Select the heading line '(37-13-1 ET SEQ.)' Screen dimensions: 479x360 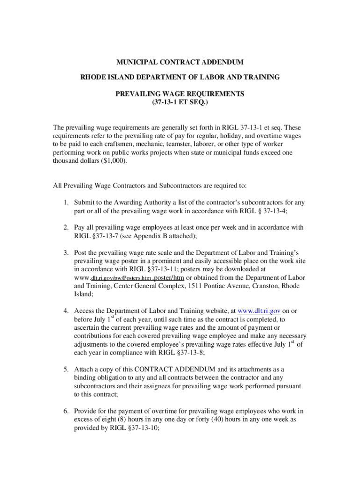pos(180,102)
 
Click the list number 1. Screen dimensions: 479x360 pos(67,203)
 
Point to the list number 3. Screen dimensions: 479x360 pos(67,253)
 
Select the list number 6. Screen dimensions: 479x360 pos(67,411)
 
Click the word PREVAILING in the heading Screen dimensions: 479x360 pos(138,94)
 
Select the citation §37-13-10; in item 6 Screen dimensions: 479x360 pos(138,428)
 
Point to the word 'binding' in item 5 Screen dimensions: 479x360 pos(85,377)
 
